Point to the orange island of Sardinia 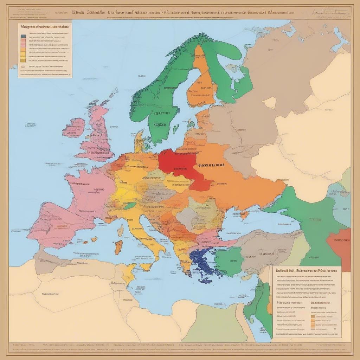(x=119, y=247)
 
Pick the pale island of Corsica (x=121, y=231)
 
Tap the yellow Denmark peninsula (x=139, y=141)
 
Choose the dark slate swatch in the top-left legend (x=23, y=36)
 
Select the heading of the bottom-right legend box (x=306, y=271)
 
